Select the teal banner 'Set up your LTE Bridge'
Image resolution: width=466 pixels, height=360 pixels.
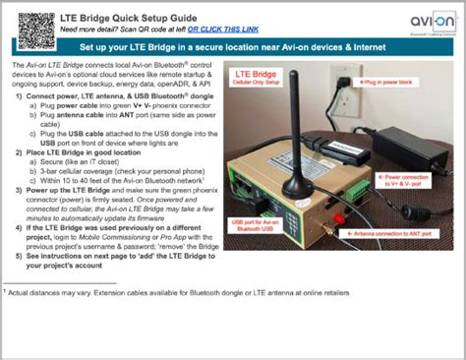(x=233, y=46)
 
